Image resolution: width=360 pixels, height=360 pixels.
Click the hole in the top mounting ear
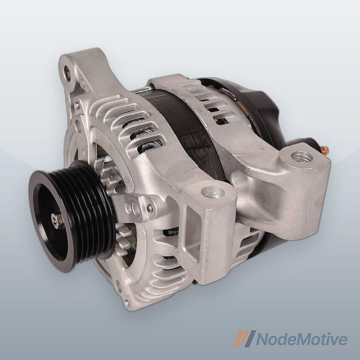point(68,70)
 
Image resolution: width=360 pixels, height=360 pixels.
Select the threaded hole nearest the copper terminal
point(301,157)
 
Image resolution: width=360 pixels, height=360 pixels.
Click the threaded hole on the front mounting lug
point(212,193)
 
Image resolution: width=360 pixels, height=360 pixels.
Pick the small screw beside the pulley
point(149,208)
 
